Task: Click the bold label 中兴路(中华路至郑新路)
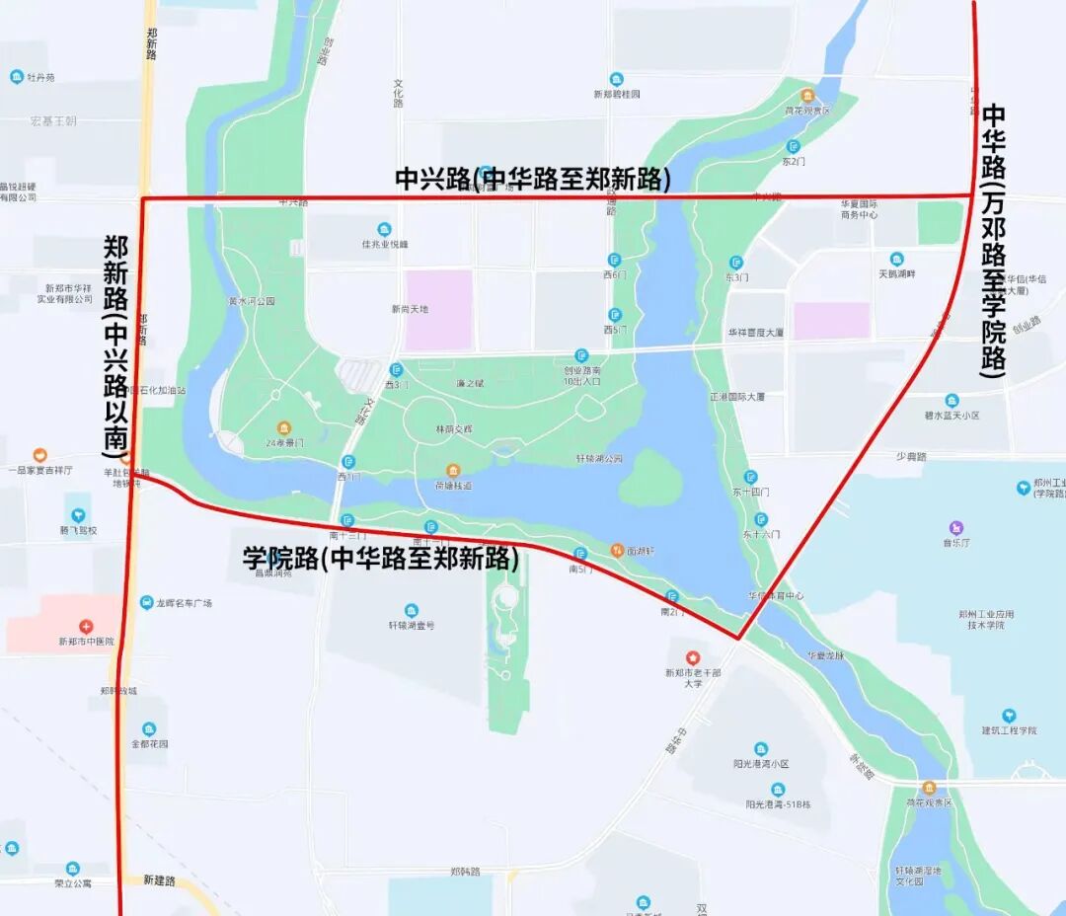click(533, 179)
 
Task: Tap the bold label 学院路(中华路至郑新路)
click(381, 558)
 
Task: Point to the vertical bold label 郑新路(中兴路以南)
click(117, 345)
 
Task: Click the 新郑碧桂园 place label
click(616, 94)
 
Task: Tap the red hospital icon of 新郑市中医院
click(86, 626)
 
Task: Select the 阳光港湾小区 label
click(760, 764)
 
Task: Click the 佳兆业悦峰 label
click(384, 244)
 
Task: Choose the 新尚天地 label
click(410, 309)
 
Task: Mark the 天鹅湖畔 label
click(897, 273)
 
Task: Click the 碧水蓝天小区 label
click(952, 416)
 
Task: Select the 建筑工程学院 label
click(1009, 730)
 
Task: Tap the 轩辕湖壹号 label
click(411, 625)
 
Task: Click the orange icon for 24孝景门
click(283, 428)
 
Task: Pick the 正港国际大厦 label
click(736, 396)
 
